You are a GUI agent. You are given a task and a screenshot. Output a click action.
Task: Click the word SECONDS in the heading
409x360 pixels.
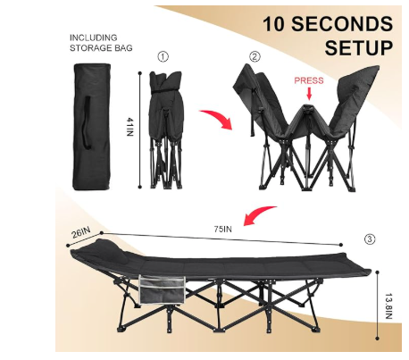pyautogui.click(x=342, y=24)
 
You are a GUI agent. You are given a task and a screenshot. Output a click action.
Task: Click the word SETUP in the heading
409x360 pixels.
pyautogui.click(x=359, y=47)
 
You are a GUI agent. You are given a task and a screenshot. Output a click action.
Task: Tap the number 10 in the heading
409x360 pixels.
pyautogui.click(x=273, y=24)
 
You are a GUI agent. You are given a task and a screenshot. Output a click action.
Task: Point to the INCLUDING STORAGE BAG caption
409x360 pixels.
pyautogui.click(x=101, y=43)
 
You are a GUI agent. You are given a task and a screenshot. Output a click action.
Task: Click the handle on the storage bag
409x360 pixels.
pyautogui.click(x=87, y=122)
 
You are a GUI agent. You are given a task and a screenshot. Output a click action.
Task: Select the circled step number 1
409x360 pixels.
pyautogui.click(x=163, y=56)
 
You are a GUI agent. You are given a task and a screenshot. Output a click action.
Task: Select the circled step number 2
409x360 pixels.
pyautogui.click(x=255, y=56)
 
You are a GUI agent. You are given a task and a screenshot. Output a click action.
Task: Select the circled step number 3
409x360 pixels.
pyautogui.click(x=370, y=239)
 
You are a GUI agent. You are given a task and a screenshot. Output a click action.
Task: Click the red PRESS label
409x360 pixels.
pyautogui.click(x=309, y=80)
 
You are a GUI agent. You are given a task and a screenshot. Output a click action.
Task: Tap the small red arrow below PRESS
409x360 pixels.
pyautogui.click(x=309, y=94)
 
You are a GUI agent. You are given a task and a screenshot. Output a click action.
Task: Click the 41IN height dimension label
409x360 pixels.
pyautogui.click(x=130, y=127)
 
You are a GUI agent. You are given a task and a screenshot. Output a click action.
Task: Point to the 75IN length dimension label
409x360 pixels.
pyautogui.click(x=223, y=229)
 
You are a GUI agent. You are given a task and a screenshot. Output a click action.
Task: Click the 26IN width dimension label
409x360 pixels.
pyautogui.click(x=81, y=232)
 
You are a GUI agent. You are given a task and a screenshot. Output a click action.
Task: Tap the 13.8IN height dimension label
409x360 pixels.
pyautogui.click(x=388, y=306)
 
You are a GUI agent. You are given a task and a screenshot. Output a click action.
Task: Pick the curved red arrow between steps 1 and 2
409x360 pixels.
pyautogui.click(x=217, y=118)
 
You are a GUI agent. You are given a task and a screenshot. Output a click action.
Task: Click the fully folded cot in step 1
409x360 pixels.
pyautogui.click(x=165, y=130)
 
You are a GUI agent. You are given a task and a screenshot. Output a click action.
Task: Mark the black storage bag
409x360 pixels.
pyautogui.click(x=92, y=127)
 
